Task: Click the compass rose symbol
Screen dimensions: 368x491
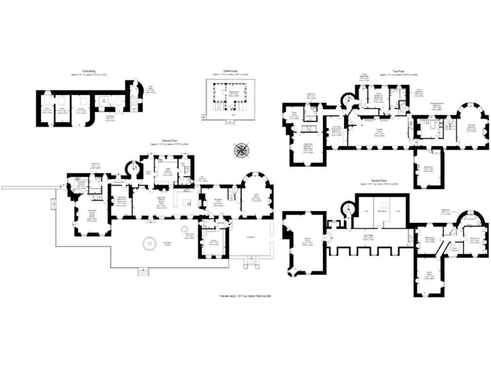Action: pos(242,151)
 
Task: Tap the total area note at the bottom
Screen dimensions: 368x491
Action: pos(245,296)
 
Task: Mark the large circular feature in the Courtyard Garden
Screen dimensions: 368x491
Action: pos(150,243)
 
